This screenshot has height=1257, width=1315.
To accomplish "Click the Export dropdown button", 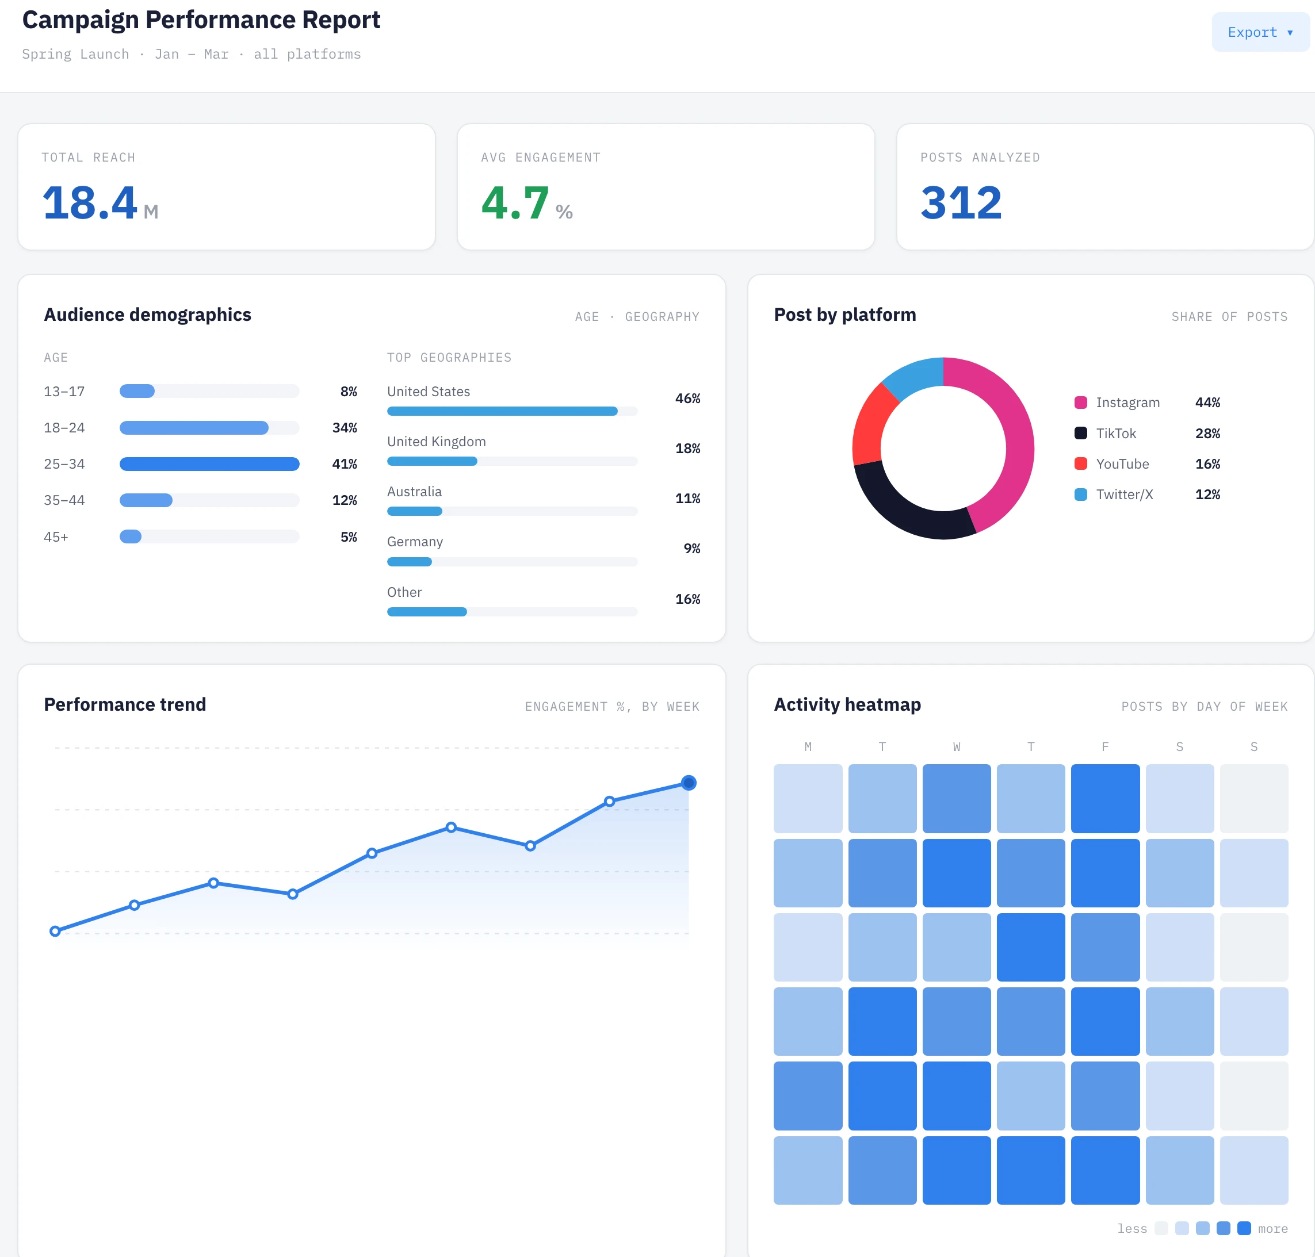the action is pos(1260,32).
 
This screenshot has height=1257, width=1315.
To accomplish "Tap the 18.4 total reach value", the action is pos(90,202).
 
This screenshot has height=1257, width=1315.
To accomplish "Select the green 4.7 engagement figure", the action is pos(515,202).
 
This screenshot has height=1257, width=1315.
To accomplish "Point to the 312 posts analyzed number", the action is pos(961,202).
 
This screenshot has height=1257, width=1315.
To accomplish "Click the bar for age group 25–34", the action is pos(209,463).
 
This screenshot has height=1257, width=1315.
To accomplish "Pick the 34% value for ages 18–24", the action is pos(345,427).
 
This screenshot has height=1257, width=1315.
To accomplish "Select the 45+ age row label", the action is pos(56,536).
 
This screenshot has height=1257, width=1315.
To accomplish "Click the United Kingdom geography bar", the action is pos(433,461).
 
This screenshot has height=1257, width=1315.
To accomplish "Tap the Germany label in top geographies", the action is pos(415,542).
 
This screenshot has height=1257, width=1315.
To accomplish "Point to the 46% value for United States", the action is pos(687,398).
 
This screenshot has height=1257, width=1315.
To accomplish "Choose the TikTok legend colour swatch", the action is pos(1080,433).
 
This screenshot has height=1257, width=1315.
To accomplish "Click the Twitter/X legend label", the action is pos(1125,495).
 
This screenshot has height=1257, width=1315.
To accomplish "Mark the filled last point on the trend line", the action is pos(689,783).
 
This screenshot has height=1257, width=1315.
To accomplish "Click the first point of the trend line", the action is pos(55,932).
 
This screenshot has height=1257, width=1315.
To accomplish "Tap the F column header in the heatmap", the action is pos(1105,746).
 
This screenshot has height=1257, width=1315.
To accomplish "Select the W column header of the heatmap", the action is pos(957,746).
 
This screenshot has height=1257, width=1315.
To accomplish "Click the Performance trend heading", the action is pos(125,704).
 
